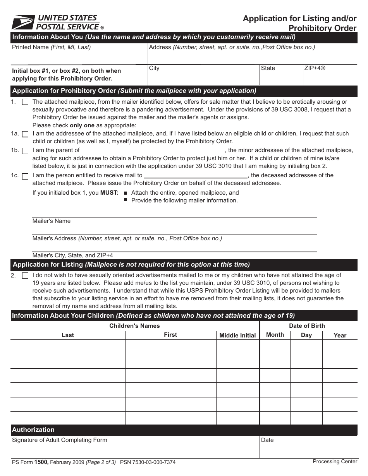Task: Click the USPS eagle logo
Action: click(23, 22)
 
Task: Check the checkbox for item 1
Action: click(25, 102)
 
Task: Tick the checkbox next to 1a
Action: click(25, 134)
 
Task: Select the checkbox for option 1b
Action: click(25, 151)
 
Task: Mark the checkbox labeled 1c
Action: click(25, 176)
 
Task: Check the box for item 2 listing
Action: click(25, 276)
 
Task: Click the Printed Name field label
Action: click(51, 47)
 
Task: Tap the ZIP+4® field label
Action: click(315, 68)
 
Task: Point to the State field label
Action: click(268, 68)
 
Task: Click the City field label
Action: click(154, 68)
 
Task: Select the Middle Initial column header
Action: click(237, 336)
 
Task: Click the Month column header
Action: click(275, 335)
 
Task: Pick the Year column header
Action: click(340, 336)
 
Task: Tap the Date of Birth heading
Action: click(307, 326)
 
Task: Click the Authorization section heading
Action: click(33, 430)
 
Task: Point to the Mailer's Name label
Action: click(52, 221)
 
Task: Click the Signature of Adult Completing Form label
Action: click(60, 440)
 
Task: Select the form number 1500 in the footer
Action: click(41, 462)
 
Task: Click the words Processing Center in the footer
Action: click(335, 461)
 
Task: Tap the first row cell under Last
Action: click(68, 347)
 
